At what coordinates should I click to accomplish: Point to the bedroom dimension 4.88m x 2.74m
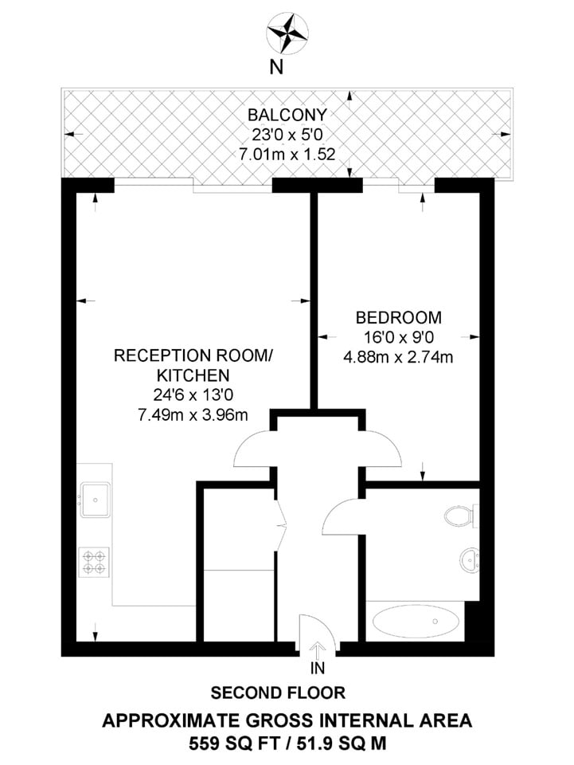tap(398, 356)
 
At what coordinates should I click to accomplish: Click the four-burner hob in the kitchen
tap(95, 562)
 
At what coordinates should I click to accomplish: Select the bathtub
tap(416, 621)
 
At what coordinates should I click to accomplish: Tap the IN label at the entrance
tap(319, 667)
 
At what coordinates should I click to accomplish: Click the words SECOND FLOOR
tap(278, 692)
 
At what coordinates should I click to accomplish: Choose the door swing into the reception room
tap(253, 448)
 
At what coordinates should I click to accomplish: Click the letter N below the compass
tap(277, 68)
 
